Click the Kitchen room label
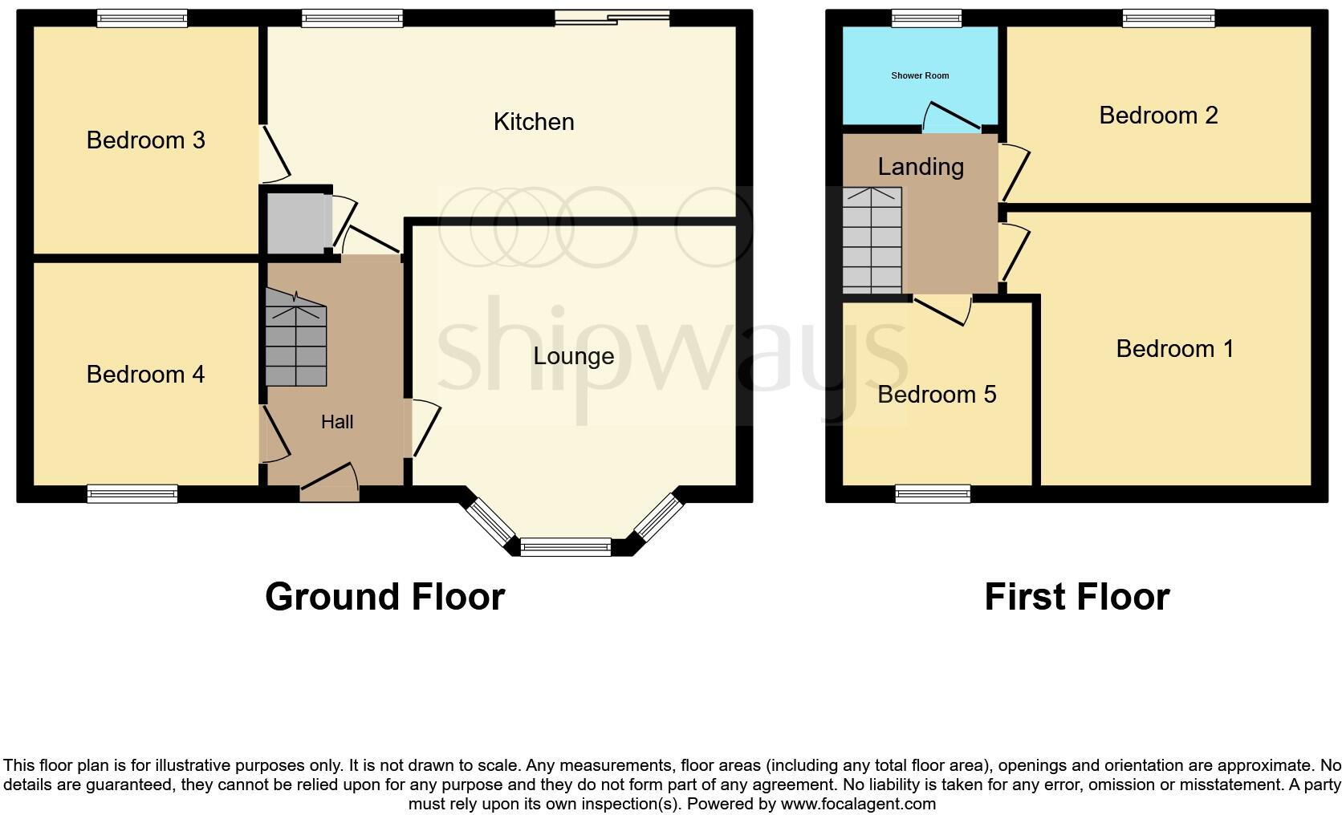click(534, 122)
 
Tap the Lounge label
click(573, 356)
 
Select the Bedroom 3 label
click(145, 140)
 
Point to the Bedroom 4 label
click(145, 375)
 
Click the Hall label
click(337, 422)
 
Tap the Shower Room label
click(920, 75)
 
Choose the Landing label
click(921, 167)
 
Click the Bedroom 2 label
click(1158, 116)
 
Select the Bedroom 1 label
click(1174, 349)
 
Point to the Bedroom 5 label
click(937, 395)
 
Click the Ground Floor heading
click(384, 597)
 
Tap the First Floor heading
click(1076, 597)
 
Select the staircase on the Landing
click(872, 241)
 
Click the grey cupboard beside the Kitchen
click(295, 220)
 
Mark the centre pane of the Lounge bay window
click(566, 547)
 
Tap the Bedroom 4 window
click(132, 493)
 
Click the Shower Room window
click(925, 18)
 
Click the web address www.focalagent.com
click(858, 804)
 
